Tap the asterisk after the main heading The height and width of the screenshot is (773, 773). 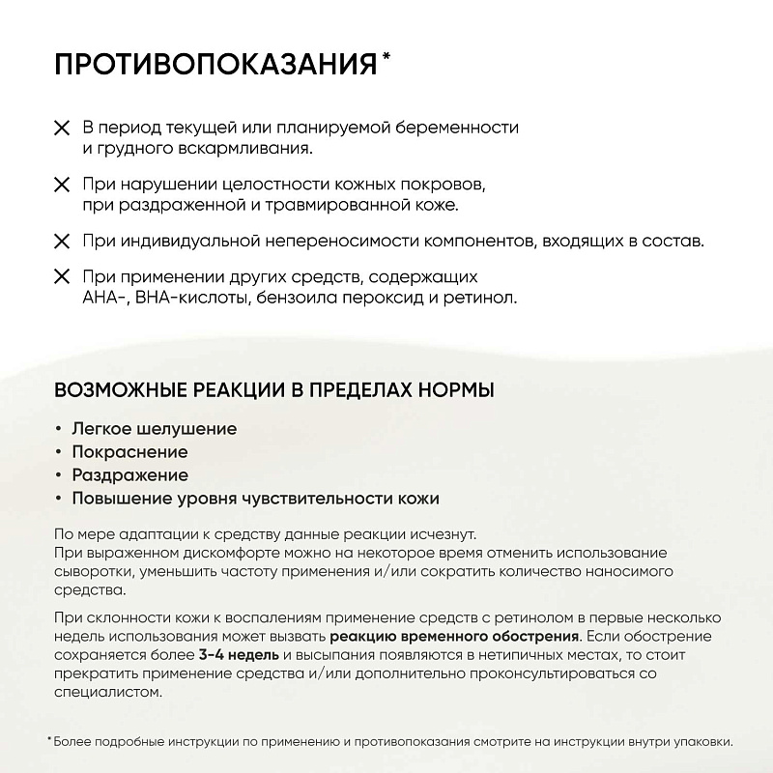click(x=386, y=57)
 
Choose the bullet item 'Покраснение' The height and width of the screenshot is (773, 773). click(x=129, y=451)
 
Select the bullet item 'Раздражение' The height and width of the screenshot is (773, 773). click(x=129, y=475)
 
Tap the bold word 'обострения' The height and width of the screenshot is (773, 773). click(x=526, y=636)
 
